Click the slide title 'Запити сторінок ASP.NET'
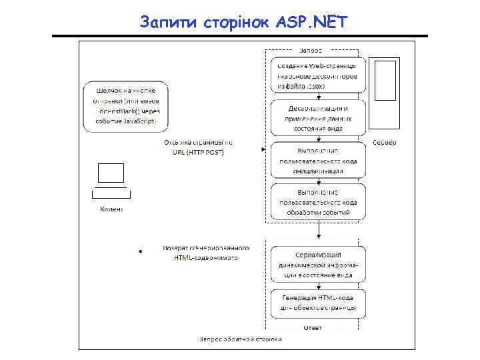[x=243, y=23]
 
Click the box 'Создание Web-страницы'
[x=318, y=76]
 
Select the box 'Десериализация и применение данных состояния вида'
[x=318, y=118]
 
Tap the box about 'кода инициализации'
[x=318, y=161]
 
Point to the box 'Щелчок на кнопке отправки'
[x=126, y=106]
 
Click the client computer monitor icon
[x=111, y=173]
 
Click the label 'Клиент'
[x=111, y=209]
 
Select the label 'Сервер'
[x=385, y=143]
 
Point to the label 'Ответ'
[x=313, y=327]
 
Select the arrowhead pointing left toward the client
[x=141, y=251]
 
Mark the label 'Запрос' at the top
[x=311, y=51]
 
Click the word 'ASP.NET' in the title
[x=311, y=23]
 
